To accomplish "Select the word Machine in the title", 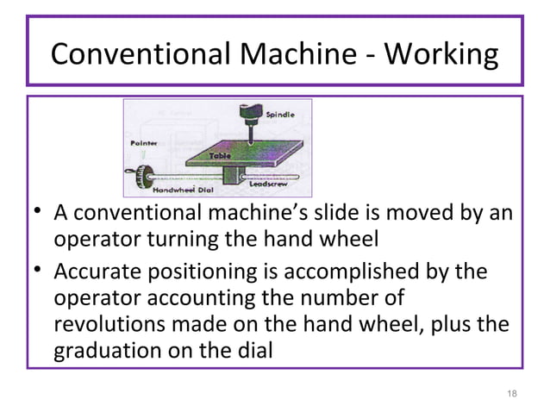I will coord(293,54).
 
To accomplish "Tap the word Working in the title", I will coord(440,54).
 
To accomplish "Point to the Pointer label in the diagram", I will coord(144,142).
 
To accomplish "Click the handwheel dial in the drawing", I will coord(132,178).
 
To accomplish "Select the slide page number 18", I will coord(512,394).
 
